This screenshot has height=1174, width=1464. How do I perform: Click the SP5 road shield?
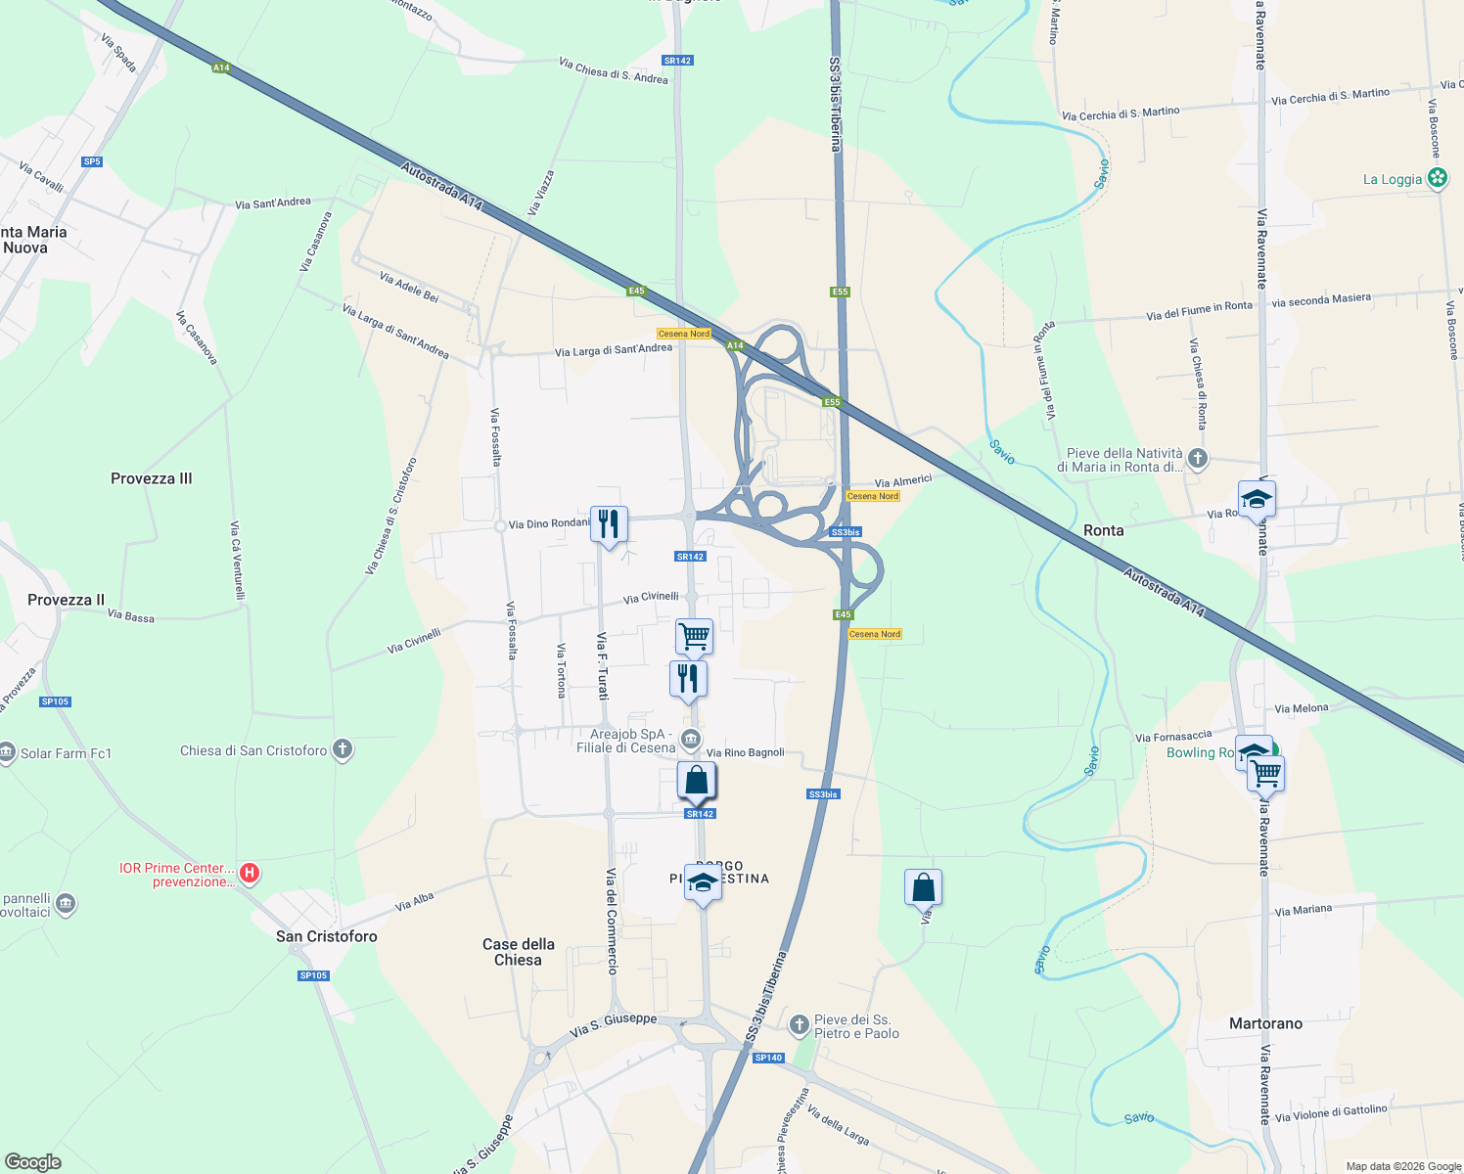pos(92,161)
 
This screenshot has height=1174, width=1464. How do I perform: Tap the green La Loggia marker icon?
pos(1437,178)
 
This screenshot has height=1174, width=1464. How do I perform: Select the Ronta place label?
pos(1103,530)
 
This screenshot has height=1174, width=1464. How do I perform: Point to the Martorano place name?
pos(1265,1023)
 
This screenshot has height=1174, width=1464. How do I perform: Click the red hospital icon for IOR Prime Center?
pos(250,872)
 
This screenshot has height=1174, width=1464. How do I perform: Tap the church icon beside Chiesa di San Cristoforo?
pos(342,750)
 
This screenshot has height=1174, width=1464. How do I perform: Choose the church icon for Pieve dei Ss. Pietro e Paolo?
pos(800,1024)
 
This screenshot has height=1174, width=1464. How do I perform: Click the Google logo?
pos(32,1162)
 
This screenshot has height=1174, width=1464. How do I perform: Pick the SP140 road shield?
pos(768,1058)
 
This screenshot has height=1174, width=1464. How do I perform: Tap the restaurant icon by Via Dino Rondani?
pos(609,524)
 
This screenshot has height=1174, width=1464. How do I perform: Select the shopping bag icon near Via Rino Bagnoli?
pos(696,781)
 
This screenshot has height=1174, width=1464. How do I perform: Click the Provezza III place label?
pos(151,478)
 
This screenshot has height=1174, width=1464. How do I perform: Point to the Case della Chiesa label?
pos(518,952)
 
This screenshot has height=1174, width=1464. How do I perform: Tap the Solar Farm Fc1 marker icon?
pos(8,753)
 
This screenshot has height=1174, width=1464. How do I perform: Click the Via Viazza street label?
pos(540,193)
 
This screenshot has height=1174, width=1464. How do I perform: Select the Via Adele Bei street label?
pos(409,287)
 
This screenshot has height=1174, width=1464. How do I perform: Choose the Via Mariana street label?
pos(1303,910)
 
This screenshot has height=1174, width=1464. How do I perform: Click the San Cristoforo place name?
pos(326,936)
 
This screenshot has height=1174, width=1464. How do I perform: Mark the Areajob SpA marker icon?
pos(690,739)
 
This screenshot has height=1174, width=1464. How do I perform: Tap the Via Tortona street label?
pos(561,670)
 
